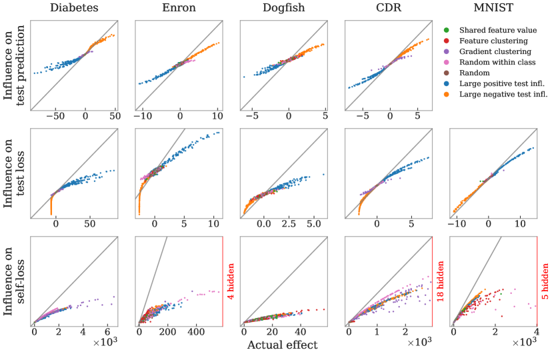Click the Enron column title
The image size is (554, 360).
coord(178,9)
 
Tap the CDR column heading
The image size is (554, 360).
coord(387,9)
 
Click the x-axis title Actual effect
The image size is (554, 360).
coord(283,345)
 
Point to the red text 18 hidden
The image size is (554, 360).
coord(441,281)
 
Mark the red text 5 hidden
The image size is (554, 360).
coord(545,281)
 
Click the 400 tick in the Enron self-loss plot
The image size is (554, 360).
coord(195,331)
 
